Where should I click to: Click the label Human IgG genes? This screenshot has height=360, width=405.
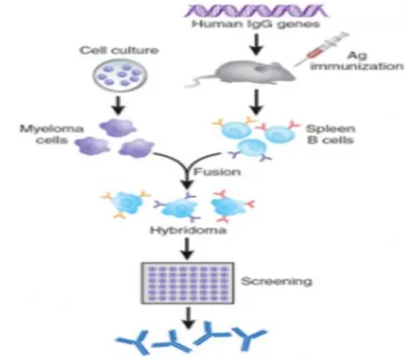click(256, 24)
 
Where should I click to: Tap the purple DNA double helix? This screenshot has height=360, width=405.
click(256, 11)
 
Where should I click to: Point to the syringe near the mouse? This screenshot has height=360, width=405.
click(320, 49)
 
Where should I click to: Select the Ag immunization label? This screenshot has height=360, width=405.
click(357, 60)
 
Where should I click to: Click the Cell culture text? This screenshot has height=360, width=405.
click(119, 51)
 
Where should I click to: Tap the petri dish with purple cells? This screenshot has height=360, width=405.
click(120, 75)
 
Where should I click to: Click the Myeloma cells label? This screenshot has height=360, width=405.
click(52, 135)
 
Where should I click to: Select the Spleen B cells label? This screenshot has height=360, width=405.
click(331, 134)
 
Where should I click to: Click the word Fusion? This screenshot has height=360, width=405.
click(218, 172)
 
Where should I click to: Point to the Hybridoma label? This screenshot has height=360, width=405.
click(188, 230)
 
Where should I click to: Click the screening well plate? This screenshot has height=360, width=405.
click(187, 283)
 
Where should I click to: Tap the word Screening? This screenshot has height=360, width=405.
click(276, 281)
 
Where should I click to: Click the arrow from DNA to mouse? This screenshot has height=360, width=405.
click(257, 44)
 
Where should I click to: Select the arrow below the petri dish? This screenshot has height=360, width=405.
click(118, 105)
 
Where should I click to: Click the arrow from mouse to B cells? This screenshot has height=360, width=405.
click(257, 101)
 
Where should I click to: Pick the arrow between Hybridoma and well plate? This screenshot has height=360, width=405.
click(187, 249)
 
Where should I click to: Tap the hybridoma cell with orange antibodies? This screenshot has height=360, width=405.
click(126, 204)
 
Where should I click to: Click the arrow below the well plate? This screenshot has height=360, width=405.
click(188, 319)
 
